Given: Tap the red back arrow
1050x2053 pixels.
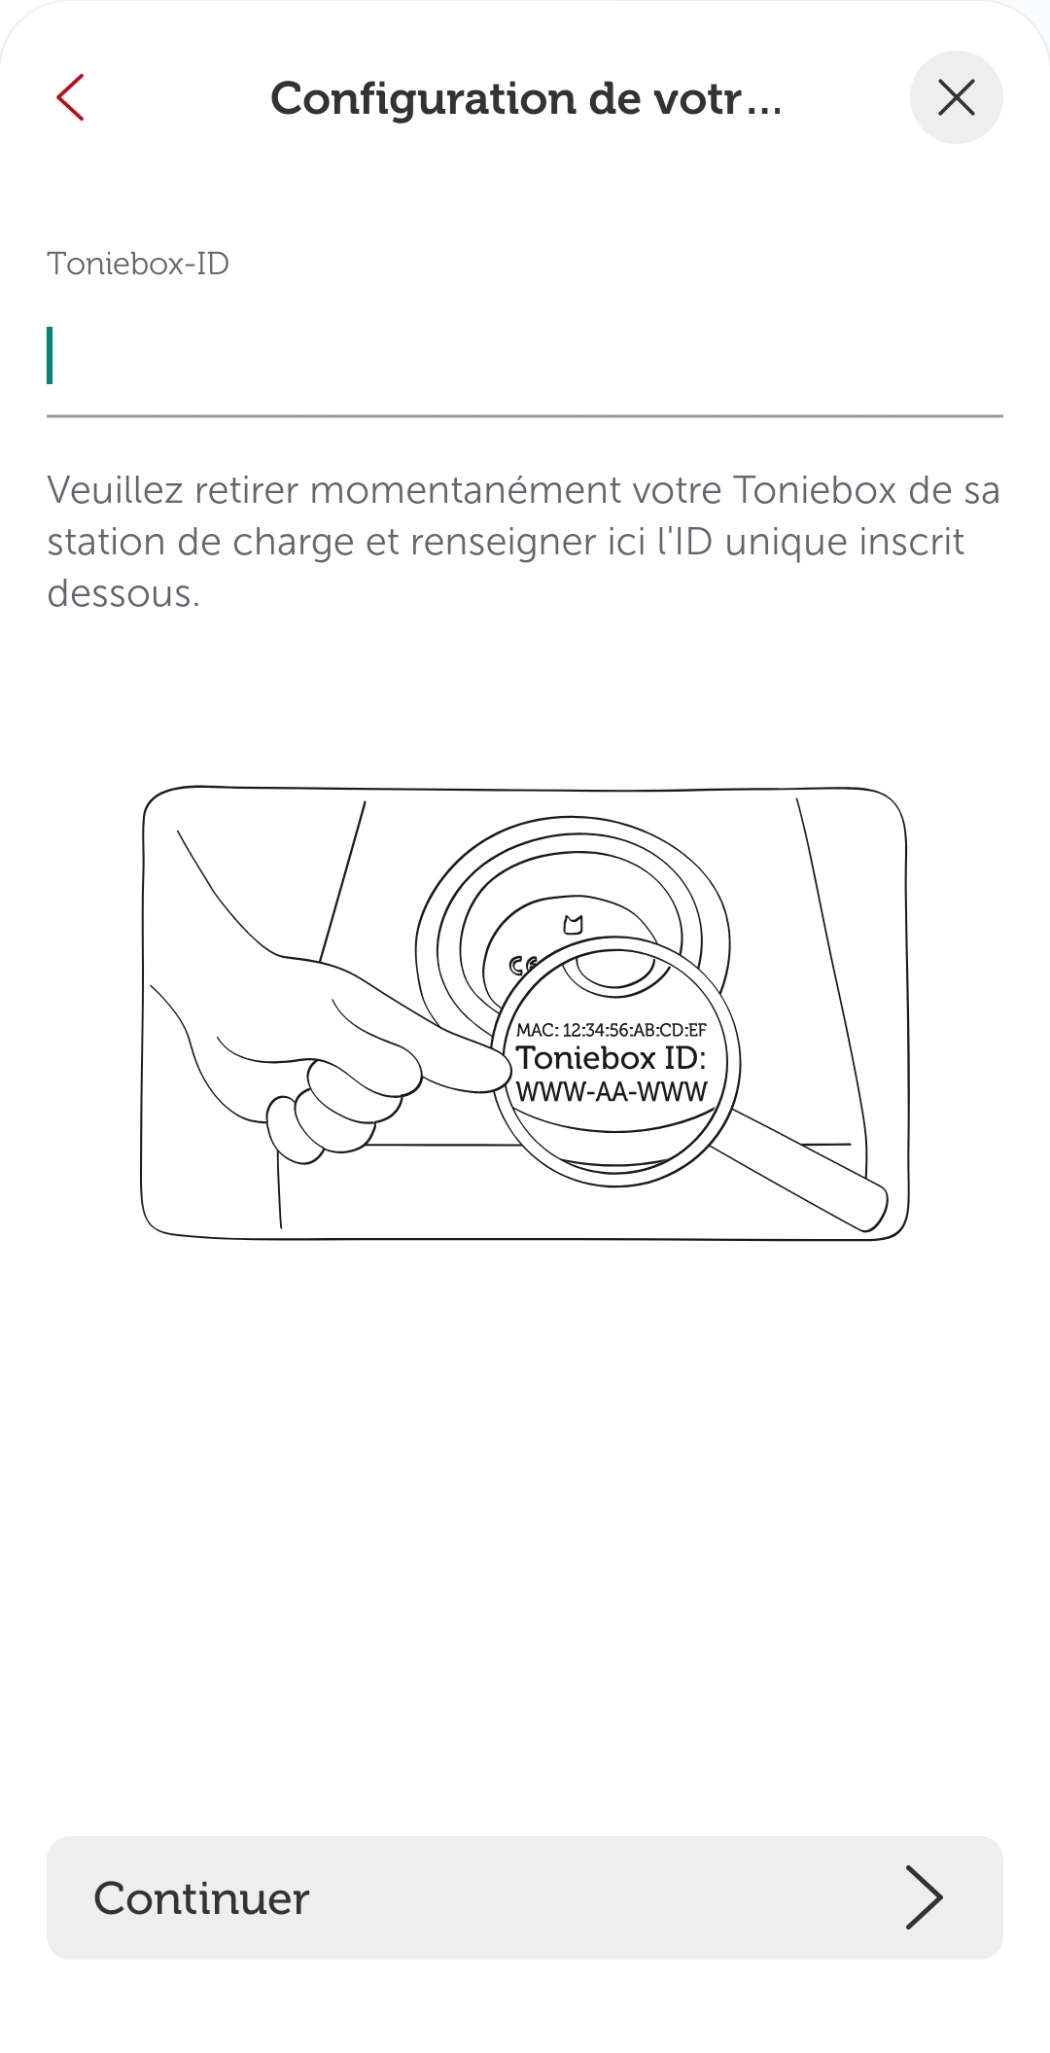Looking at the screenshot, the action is click(x=70, y=97).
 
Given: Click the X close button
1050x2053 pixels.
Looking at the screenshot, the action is click(x=957, y=97).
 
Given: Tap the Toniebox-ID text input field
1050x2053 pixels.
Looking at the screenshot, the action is click(x=525, y=357).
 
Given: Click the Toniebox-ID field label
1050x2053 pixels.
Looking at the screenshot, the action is click(x=138, y=264).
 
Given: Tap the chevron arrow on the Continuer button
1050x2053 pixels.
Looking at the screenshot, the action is click(x=924, y=1897).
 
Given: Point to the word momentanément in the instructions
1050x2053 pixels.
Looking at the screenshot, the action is click(x=514, y=490).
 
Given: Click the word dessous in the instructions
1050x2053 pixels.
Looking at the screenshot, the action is click(x=122, y=594).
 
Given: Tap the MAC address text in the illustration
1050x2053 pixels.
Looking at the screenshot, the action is click(x=612, y=1030).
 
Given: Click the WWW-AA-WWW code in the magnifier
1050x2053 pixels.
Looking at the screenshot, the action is click(x=612, y=1092).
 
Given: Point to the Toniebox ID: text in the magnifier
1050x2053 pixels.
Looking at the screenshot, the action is click(x=612, y=1058).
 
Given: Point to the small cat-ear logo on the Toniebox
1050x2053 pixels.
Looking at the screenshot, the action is click(x=574, y=925).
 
